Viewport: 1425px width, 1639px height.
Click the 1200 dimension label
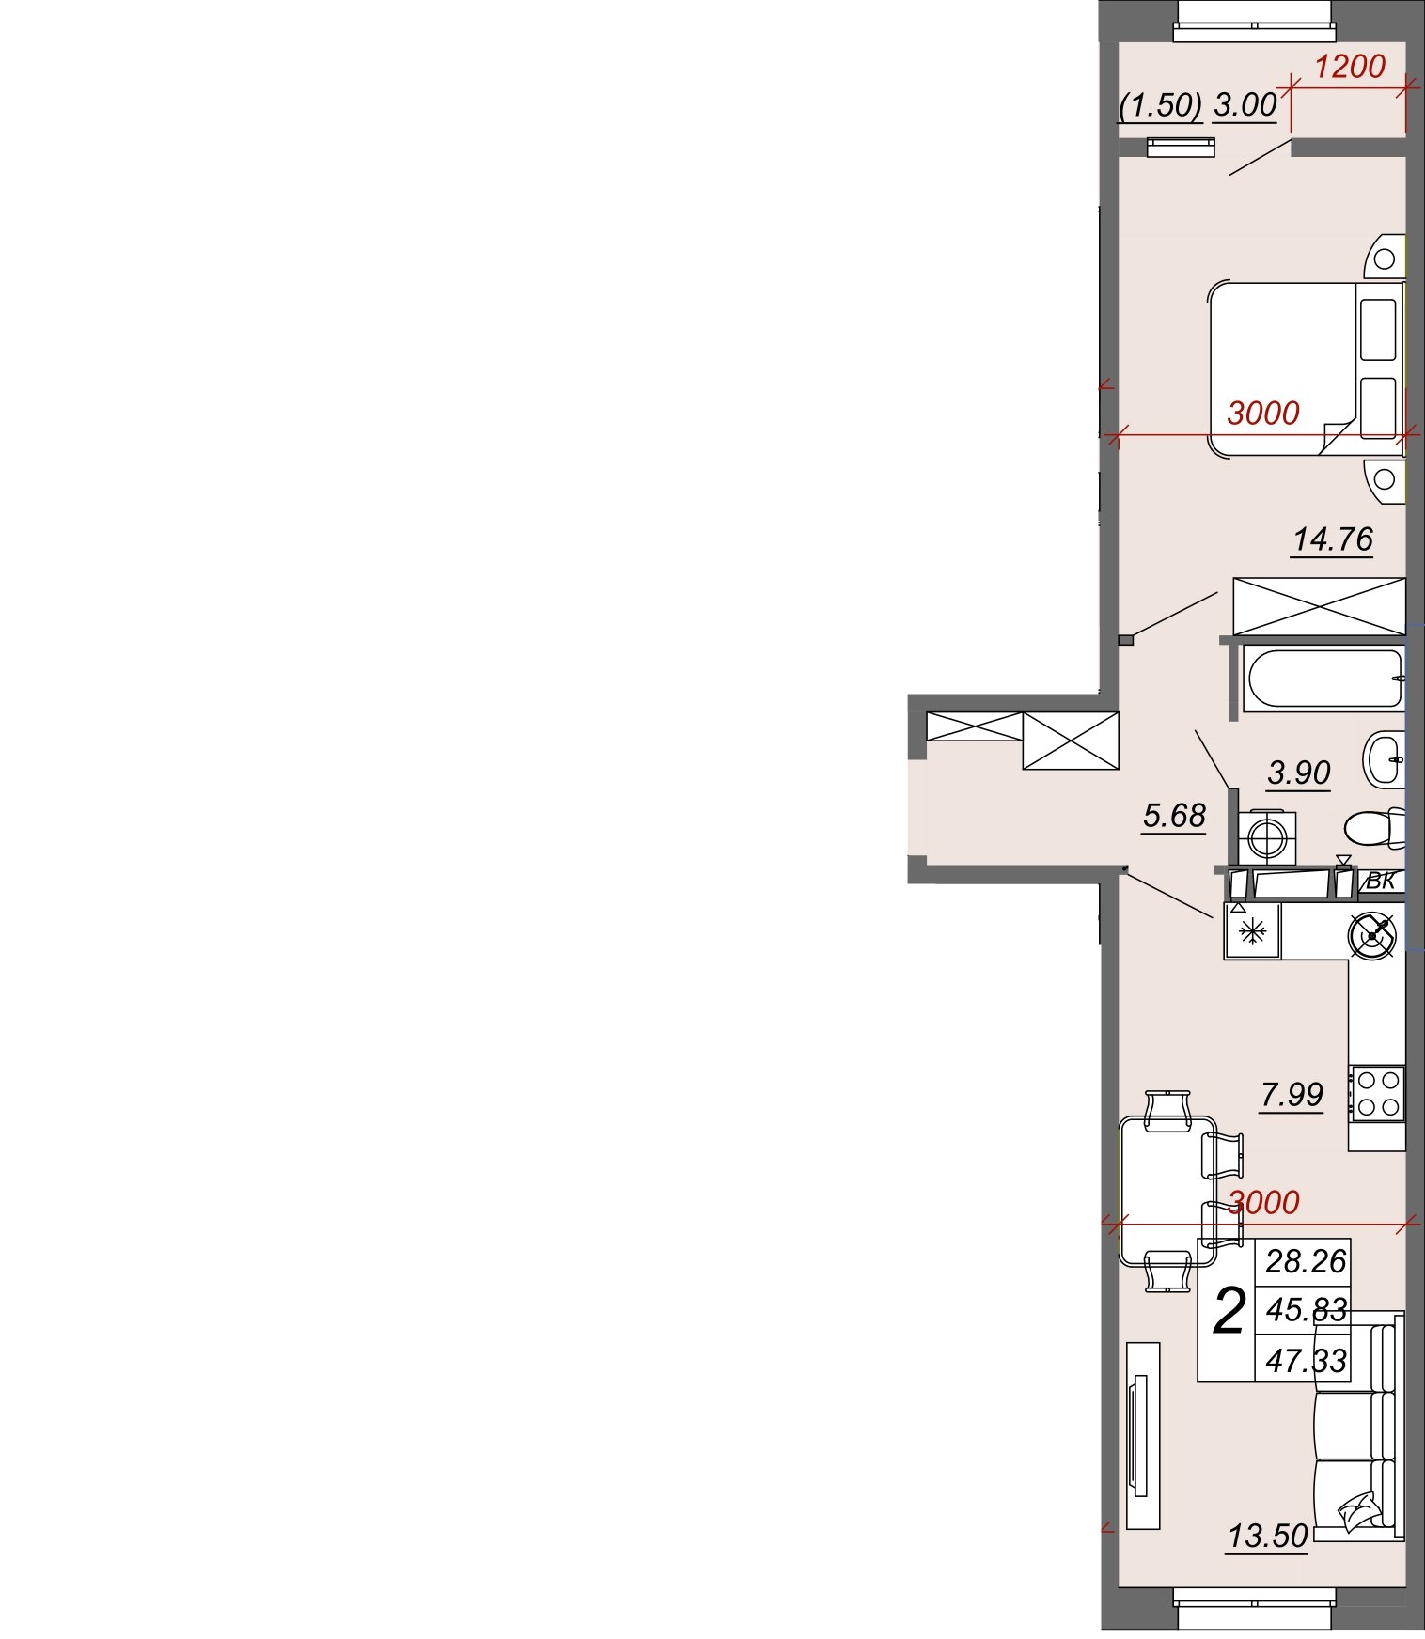coord(1349,67)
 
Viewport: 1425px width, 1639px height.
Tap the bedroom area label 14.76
coord(1333,539)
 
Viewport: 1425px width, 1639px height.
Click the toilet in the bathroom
coord(1375,828)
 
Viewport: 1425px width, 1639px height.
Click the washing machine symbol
coord(1266,837)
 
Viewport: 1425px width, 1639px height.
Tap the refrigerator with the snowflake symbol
coord(1252,931)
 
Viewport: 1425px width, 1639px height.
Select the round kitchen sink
coord(1372,936)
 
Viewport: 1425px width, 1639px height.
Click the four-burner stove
coord(1377,1094)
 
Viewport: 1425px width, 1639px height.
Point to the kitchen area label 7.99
coord(1292,1094)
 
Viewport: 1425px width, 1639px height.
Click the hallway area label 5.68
coord(1174,815)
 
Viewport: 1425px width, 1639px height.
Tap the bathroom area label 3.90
coord(1299,773)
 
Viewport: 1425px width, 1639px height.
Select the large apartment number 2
coord(1229,1311)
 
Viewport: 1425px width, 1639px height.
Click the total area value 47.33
coord(1306,1360)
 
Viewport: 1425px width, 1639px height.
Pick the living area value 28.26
coord(1306,1261)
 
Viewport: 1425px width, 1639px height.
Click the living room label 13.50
coord(1268,1536)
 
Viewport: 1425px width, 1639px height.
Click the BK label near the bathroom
coord(1380,881)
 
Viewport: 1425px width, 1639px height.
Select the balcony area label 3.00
coord(1245,105)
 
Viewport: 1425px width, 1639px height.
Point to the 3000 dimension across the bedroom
coord(1263,413)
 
